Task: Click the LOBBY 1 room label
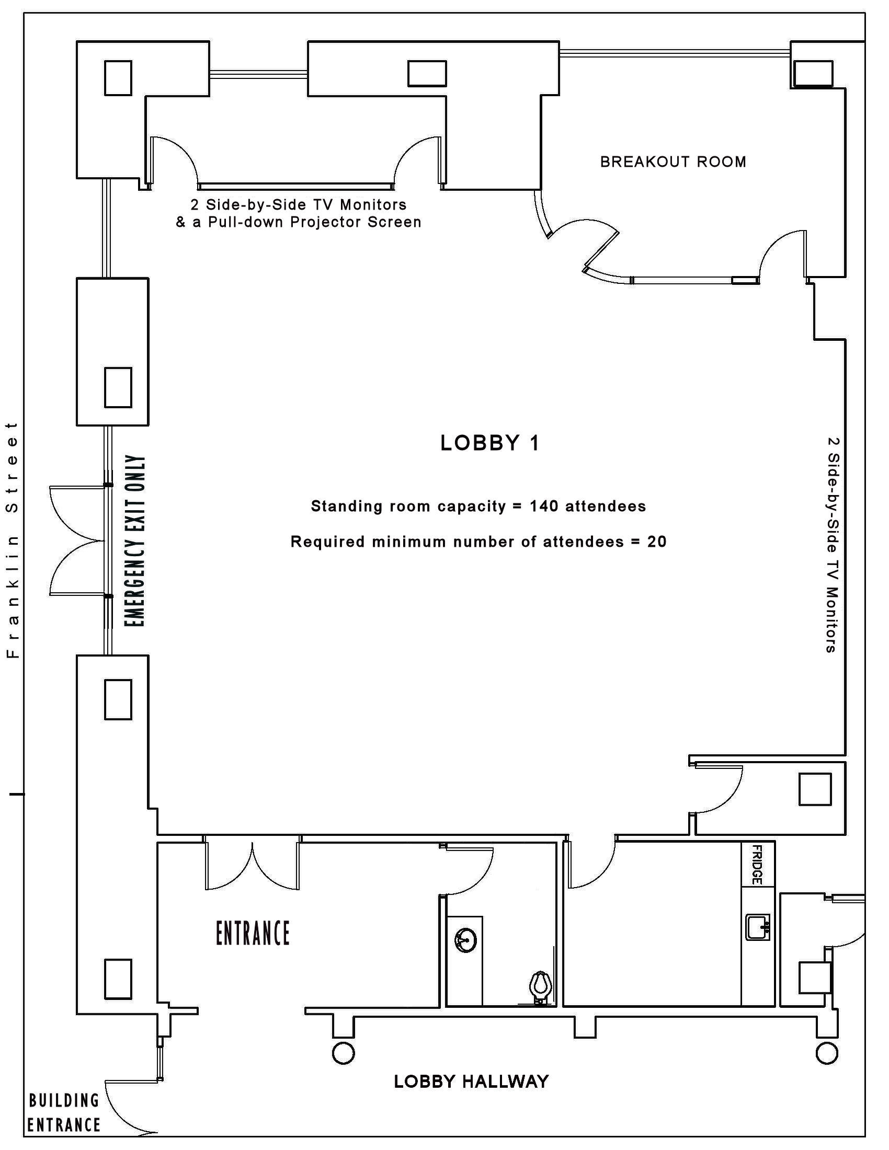click(490, 443)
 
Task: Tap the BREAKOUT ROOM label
click(673, 162)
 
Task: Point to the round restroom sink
click(466, 939)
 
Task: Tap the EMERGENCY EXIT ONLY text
click(135, 542)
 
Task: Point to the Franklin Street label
click(12, 540)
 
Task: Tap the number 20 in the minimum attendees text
click(657, 542)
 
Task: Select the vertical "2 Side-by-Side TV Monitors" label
click(831, 545)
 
